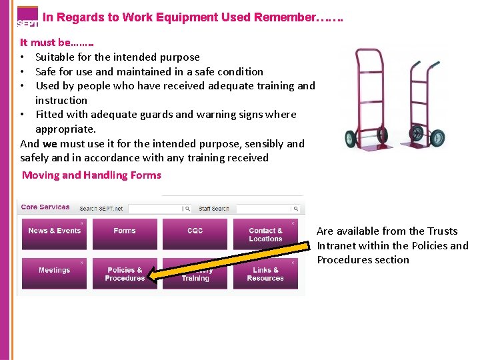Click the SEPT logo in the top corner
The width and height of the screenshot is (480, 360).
click(x=27, y=17)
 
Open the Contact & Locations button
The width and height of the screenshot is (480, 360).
click(x=265, y=234)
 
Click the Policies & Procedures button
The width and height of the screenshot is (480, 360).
click(x=125, y=273)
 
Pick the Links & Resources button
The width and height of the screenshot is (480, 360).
click(x=265, y=273)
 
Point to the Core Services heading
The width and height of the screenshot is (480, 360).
click(x=45, y=207)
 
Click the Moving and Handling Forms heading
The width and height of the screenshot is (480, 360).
click(x=92, y=175)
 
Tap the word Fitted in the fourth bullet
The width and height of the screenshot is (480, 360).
click(x=49, y=115)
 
